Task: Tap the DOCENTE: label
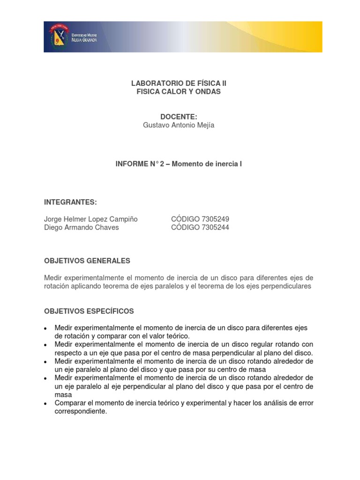[178, 116]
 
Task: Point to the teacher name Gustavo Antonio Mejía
[178, 125]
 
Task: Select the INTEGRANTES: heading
[70, 202]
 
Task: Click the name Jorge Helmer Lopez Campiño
[90, 219]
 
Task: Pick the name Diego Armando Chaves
[81, 227]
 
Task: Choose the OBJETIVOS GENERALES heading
[87, 261]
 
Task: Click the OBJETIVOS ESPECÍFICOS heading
[89, 311]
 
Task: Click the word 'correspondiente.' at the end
[81, 412]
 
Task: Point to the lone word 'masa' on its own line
[63, 395]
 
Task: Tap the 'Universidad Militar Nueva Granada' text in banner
[84, 37]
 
